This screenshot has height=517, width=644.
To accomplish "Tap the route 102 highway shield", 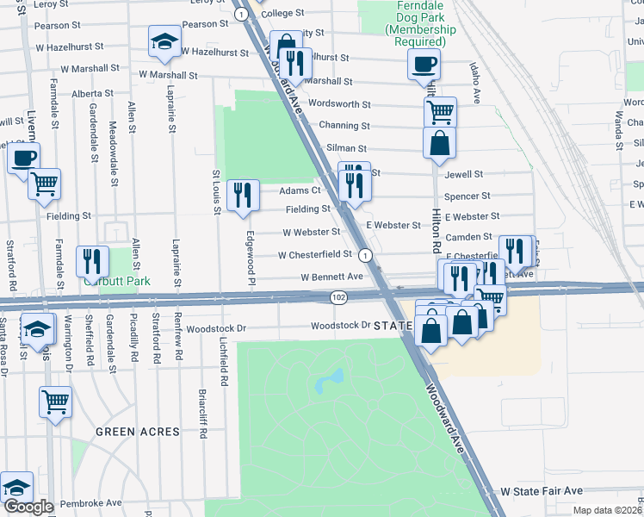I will tap(337, 297).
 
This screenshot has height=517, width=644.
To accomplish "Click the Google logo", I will tap(28, 506).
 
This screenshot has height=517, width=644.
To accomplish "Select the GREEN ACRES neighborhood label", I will tap(137, 432).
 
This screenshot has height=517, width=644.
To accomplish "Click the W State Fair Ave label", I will tap(542, 490).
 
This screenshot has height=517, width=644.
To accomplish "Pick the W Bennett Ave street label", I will tap(331, 277).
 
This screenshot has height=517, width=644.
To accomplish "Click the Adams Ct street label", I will tap(300, 190).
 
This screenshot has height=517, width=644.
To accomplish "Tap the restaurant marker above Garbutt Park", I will tap(92, 261).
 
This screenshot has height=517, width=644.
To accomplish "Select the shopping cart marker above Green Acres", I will tap(55, 401).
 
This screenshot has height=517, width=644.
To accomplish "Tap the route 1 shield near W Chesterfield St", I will tap(366, 255).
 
